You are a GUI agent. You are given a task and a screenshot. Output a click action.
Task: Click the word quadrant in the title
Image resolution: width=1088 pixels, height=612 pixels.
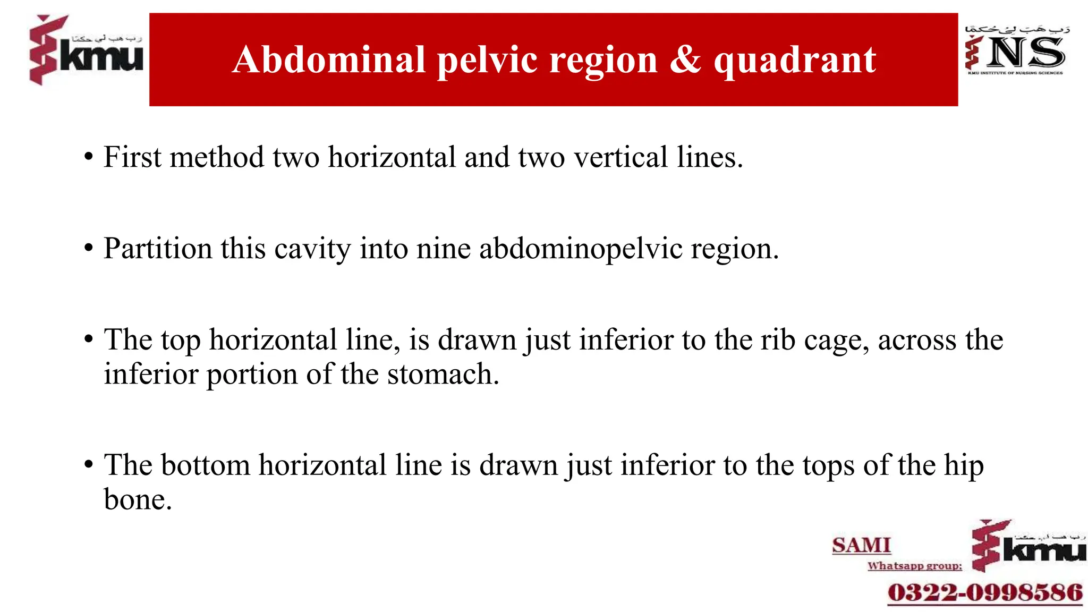(795, 60)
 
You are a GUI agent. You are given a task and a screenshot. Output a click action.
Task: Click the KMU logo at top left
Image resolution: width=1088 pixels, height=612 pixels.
(86, 50)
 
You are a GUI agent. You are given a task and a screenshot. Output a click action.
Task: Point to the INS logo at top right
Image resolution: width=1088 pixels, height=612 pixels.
(1016, 50)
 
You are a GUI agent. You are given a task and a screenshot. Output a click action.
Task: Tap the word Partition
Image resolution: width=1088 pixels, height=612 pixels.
(158, 249)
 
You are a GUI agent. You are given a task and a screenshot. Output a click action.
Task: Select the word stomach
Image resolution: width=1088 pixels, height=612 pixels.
(443, 374)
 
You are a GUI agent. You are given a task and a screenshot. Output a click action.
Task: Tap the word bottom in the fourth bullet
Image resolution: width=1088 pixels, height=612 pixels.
(205, 465)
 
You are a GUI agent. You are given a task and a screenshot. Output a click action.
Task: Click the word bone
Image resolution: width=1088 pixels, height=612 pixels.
(138, 499)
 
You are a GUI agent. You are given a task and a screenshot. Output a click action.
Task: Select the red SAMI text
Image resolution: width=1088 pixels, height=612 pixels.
(861, 546)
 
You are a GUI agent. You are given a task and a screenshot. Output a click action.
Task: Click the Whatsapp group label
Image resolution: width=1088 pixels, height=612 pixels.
(915, 566)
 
